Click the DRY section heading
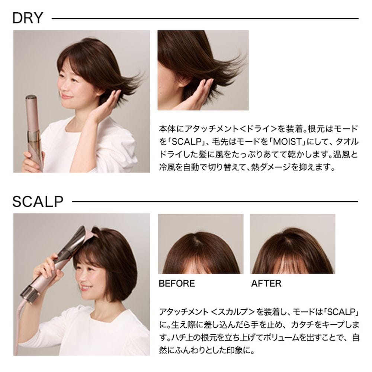(x=28, y=18)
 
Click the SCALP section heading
(x=38, y=202)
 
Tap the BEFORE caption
(x=177, y=283)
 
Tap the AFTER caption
(x=266, y=283)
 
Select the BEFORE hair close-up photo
(x=201, y=244)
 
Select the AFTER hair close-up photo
(x=292, y=244)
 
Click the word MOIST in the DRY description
(x=287, y=142)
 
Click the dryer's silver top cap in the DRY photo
(x=31, y=97)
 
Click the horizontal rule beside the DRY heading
(x=205, y=19)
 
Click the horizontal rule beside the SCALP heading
(x=215, y=202)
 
